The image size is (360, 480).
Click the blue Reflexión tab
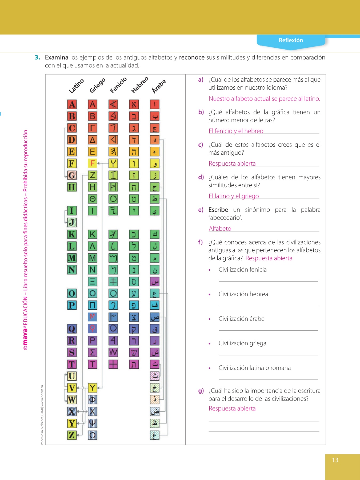click(291, 41)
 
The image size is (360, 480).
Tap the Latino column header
click(76, 86)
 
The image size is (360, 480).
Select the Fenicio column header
click(118, 85)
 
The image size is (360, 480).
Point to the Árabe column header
click(159, 86)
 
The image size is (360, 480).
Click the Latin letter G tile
click(72, 175)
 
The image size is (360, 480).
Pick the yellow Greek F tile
click(92, 163)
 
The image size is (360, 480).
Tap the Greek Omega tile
click(92, 435)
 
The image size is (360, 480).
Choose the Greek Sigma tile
click(92, 352)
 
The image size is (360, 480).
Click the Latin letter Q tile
click(72, 329)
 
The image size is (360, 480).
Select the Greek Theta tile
click(92, 199)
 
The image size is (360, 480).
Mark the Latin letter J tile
click(72, 222)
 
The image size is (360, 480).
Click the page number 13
click(335, 460)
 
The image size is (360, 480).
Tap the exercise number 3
click(37, 57)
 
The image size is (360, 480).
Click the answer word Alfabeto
click(220, 229)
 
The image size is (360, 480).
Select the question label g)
click(201, 391)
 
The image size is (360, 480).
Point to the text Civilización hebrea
click(243, 294)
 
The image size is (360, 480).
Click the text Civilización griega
click(242, 343)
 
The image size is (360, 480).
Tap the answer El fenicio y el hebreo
click(236, 131)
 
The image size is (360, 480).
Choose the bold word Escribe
click(218, 210)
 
